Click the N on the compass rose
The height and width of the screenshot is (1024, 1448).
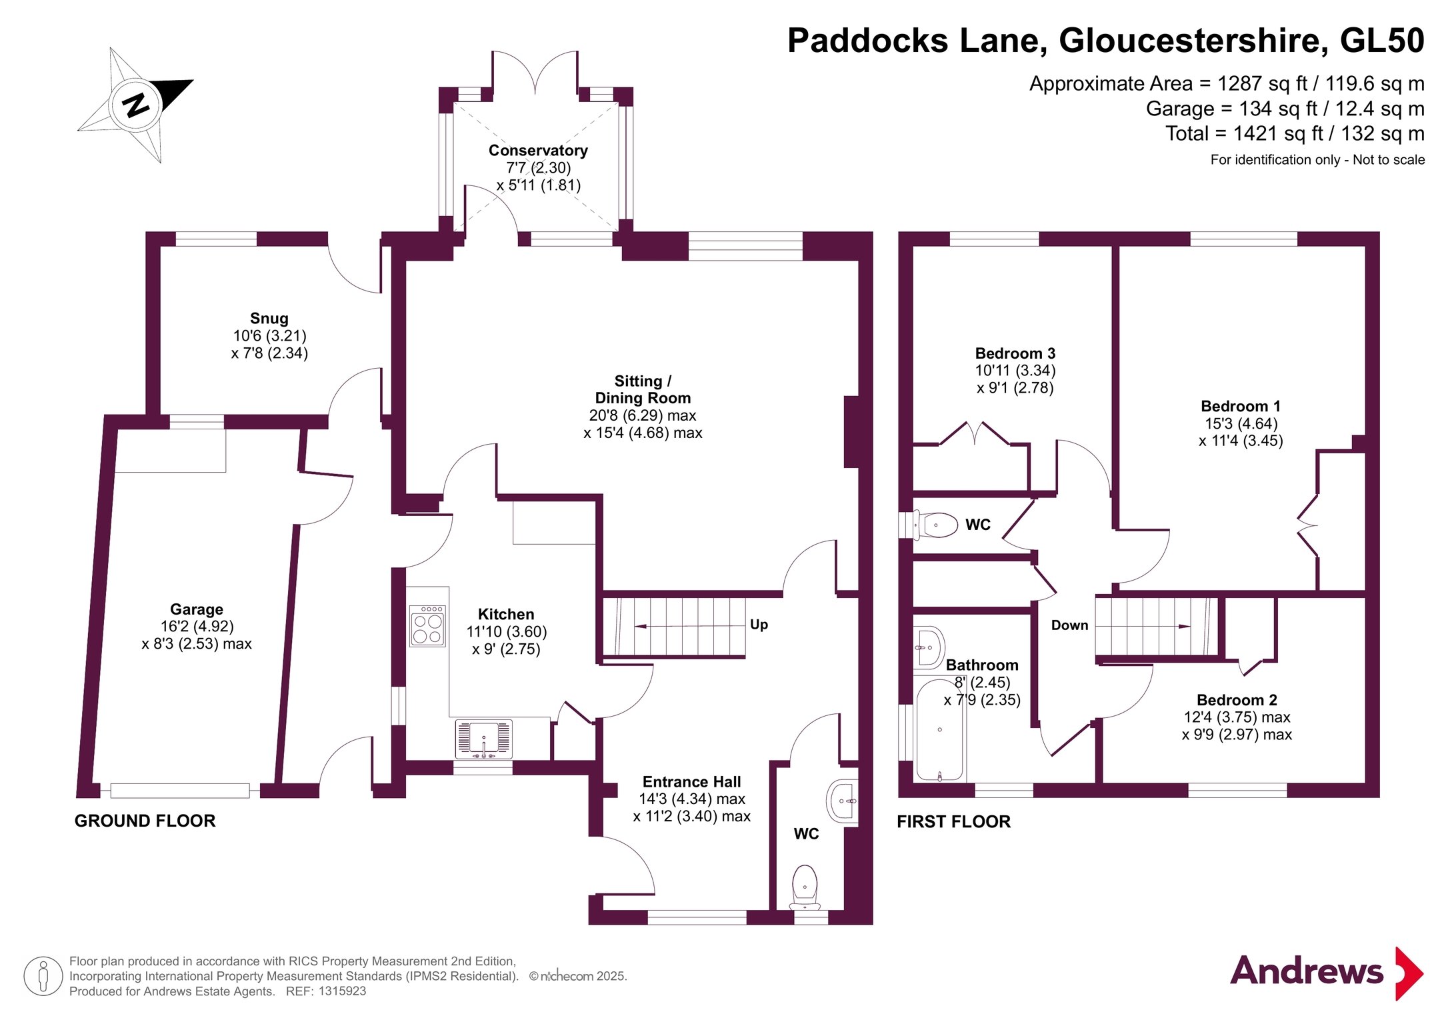tap(137, 105)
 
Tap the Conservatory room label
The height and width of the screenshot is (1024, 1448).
tap(538, 151)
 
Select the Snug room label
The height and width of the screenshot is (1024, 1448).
tap(269, 319)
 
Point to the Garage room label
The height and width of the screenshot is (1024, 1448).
tap(197, 609)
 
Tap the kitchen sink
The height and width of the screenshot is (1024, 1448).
tap(484, 739)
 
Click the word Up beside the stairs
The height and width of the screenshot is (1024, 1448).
tap(759, 625)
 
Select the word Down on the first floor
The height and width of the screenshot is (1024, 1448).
tap(1069, 625)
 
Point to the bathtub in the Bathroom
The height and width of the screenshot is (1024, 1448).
tap(940, 729)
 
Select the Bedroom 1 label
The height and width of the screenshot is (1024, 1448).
tap(1241, 407)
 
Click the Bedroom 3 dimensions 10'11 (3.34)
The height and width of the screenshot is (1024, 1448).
tap(1015, 371)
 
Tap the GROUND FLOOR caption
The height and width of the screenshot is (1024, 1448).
tap(145, 821)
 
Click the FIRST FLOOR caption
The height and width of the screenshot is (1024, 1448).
tap(954, 822)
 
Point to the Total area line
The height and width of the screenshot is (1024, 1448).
tap(1295, 134)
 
